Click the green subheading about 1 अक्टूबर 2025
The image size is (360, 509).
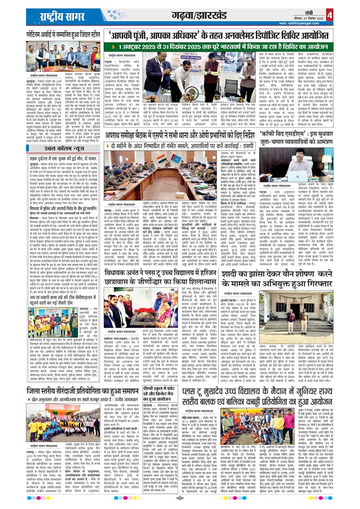coord(220,47)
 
